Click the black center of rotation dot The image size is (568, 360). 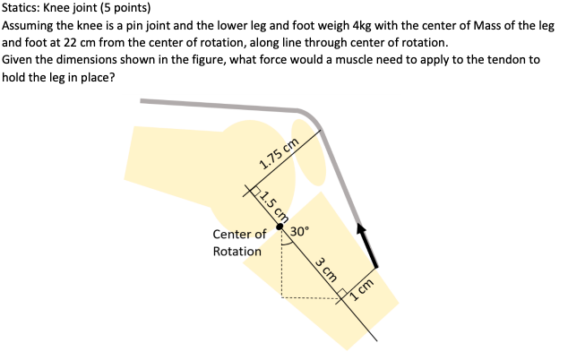coord(280,227)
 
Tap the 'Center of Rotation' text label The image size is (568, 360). coord(238,243)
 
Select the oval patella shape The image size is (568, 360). coord(310,162)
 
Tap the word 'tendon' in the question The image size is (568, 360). coord(519,59)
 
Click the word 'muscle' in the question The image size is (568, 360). coord(359,59)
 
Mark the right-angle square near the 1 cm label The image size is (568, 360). coord(342,294)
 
